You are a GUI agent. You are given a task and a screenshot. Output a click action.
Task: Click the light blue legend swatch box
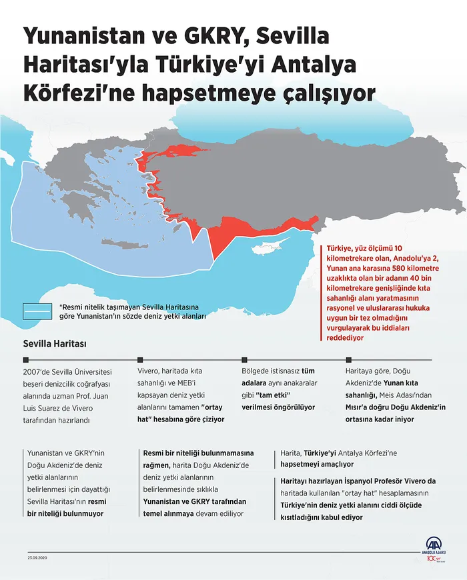(x=38, y=312)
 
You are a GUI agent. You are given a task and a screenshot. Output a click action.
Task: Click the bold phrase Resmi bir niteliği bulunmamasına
(x=199, y=452)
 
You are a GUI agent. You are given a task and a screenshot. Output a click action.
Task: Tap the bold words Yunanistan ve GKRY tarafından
(x=195, y=501)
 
